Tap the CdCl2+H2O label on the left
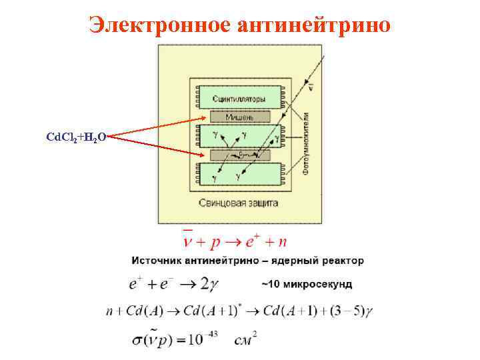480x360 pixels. pos(75,137)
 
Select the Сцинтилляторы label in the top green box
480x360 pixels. pos(239,99)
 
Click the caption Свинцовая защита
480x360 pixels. pos(238,201)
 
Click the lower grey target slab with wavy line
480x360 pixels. pos(237,155)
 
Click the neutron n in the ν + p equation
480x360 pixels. pos(284,239)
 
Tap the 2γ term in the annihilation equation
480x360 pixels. pos(209,283)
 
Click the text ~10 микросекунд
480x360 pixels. pos(306,284)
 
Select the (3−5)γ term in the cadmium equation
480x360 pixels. pos(353,311)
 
